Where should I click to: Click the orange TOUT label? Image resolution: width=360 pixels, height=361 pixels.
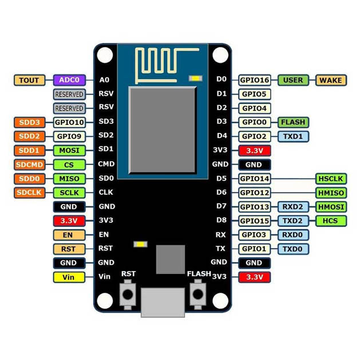point(29,80)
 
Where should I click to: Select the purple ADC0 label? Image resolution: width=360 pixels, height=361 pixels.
point(69,80)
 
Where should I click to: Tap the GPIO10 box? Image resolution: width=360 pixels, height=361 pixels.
point(69,122)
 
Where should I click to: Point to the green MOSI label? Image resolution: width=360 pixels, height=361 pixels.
point(69,150)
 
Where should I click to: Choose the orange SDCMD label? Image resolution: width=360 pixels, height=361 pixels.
point(29,164)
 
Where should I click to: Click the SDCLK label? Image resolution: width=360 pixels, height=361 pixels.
point(29,193)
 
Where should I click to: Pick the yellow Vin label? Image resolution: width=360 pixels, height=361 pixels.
point(69,277)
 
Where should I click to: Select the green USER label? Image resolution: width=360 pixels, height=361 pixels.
point(293,80)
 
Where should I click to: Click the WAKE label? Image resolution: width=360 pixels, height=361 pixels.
point(330,80)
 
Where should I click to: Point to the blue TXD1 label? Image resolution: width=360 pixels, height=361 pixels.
point(293,136)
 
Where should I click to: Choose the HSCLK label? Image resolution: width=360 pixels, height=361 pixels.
point(330,179)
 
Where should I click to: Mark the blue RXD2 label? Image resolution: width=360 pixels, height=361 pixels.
point(293,207)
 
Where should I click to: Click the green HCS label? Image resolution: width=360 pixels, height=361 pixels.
point(330,221)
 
